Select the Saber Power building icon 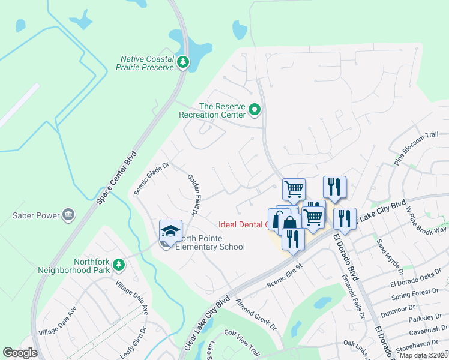[68, 215]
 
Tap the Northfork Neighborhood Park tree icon [119, 264]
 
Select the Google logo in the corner [20, 353]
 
